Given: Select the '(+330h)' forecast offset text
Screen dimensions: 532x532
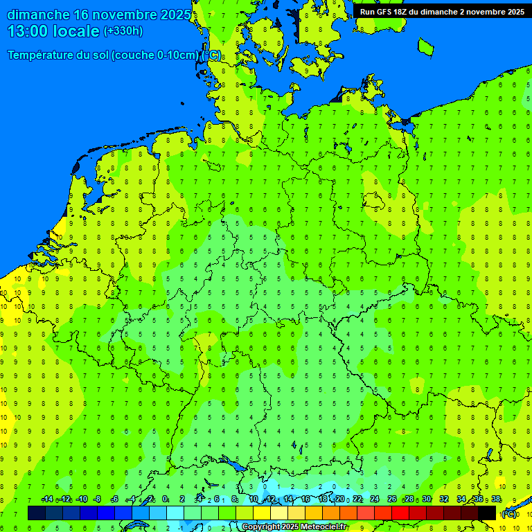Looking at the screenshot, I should (x=123, y=31).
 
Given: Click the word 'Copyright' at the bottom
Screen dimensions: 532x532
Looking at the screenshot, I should (x=260, y=527).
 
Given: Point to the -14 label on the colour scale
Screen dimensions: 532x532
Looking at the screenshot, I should (x=47, y=499).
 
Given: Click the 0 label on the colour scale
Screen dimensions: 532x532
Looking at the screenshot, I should (x=165, y=499).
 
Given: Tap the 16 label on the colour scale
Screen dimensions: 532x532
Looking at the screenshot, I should (x=305, y=499).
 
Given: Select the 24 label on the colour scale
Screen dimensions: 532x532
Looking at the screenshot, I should (x=375, y=499).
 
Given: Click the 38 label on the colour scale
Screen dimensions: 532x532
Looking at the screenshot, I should (x=496, y=499).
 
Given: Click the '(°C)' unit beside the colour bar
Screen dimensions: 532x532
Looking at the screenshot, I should (x=509, y=514).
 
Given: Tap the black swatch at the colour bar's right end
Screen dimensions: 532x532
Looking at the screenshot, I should (x=487, y=513).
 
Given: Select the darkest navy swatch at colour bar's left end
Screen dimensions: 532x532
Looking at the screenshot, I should (x=36, y=513).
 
